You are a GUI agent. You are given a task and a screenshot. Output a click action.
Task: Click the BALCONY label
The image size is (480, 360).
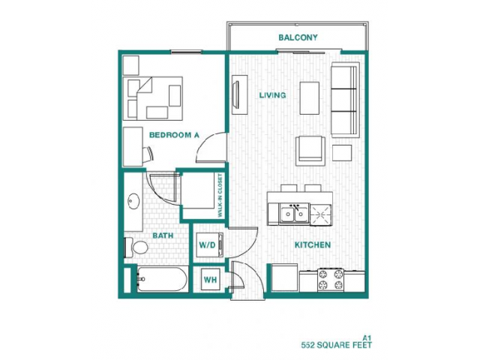click(x=298, y=37)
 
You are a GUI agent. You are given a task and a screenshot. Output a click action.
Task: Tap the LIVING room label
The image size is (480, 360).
click(x=272, y=95)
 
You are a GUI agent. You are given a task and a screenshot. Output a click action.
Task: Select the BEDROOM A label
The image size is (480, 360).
click(x=173, y=135)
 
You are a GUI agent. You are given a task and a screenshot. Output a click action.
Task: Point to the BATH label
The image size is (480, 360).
click(x=163, y=235)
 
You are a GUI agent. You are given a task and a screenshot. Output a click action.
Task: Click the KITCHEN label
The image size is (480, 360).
click(x=313, y=245)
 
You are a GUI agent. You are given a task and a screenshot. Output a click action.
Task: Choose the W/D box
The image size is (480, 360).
click(x=207, y=245)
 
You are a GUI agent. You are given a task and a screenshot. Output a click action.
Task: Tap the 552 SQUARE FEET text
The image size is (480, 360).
click(x=336, y=346)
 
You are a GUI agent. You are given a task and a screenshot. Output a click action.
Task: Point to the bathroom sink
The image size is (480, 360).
click(x=134, y=202)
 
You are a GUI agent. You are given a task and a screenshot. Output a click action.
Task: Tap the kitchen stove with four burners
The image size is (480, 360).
click(x=331, y=279)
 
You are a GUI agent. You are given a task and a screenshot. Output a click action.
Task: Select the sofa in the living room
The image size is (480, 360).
click(x=345, y=99)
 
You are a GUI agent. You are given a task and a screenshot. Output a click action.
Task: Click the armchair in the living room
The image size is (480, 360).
click(x=311, y=150)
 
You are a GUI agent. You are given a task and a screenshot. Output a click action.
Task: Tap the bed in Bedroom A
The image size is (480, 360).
click(x=154, y=97)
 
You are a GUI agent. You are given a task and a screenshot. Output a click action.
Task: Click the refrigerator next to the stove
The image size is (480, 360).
click(x=284, y=278)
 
